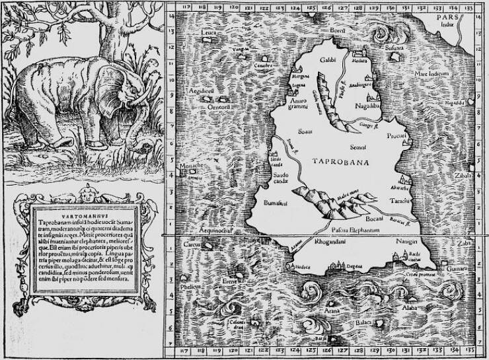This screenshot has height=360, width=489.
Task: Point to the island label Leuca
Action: (209, 32)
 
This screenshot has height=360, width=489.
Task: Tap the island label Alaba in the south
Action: (410, 308)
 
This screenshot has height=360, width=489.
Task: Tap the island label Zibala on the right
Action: (463, 178)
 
